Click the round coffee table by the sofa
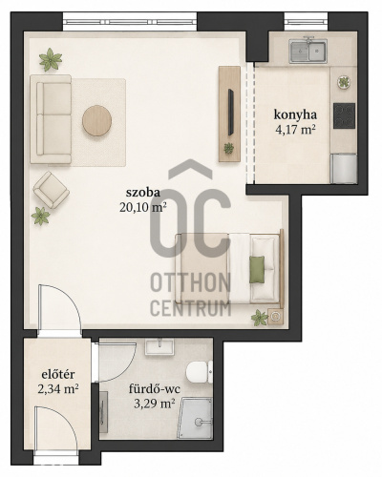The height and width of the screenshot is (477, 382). click(96, 120)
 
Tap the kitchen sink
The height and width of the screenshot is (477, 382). click(308, 51)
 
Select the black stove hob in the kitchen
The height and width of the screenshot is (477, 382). click(344, 115)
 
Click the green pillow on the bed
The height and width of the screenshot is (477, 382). click(257, 269)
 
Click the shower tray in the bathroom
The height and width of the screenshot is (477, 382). click(196, 418)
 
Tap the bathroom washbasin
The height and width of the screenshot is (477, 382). click(159, 346)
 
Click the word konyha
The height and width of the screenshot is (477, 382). click(295, 114)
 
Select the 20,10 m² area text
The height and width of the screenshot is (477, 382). click(143, 207)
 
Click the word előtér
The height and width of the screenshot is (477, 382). click(58, 374)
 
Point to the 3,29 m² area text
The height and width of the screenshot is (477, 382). click(155, 404)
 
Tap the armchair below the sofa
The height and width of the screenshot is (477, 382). click(51, 190)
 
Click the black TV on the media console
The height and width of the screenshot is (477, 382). click(231, 113)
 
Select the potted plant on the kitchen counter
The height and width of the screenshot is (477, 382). click(344, 83)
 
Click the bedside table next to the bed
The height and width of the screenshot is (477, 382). click(274, 317)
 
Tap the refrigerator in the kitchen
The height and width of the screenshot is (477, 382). click(343, 169)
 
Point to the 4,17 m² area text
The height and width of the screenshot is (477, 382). click(295, 130)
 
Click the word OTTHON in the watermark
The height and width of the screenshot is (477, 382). click(190, 282)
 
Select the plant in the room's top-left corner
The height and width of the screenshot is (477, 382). click(51, 59)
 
